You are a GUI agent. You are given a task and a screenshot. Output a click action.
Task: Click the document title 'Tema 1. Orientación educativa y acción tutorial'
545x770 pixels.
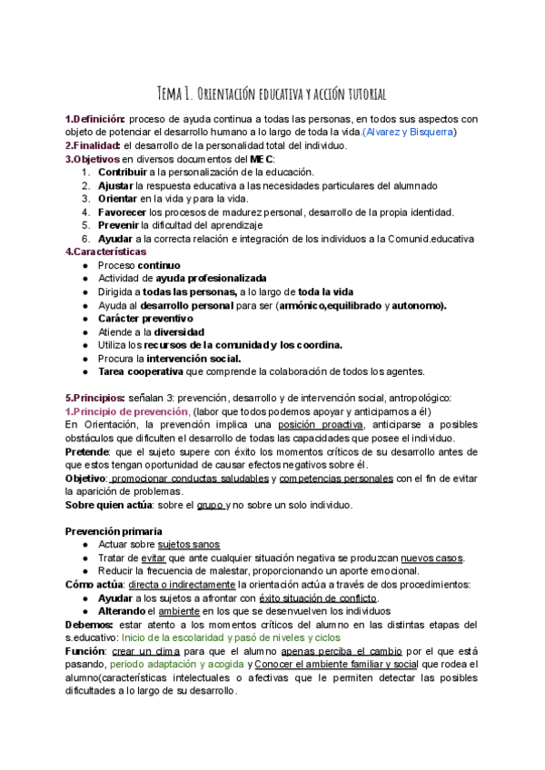pyautogui.click(x=272, y=94)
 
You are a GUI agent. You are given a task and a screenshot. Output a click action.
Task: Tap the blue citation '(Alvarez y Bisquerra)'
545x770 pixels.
pyautogui.click(x=409, y=133)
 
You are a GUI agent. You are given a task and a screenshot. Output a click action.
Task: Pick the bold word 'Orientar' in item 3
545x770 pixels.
pyautogui.click(x=118, y=199)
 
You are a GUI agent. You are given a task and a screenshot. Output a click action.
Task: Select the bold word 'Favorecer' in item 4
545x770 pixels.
pyautogui.click(x=124, y=212)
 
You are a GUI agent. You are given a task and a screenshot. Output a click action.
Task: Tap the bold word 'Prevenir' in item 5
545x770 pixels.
pyautogui.click(x=120, y=225)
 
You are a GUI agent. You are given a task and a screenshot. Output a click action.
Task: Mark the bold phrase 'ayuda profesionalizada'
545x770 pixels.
pyautogui.click(x=211, y=278)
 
